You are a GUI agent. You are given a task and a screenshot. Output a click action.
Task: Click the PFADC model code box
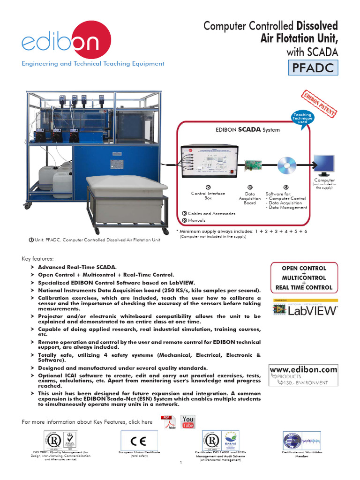click(x=313, y=68)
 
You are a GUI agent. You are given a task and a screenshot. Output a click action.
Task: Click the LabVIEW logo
click(x=305, y=309)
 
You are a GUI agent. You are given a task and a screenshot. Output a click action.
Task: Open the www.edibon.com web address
click(x=303, y=369)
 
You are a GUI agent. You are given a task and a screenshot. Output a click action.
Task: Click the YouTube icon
click(x=188, y=421)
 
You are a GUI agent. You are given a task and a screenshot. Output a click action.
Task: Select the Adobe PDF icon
click(x=166, y=422)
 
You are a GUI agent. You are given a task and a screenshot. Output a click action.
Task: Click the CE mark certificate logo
click(x=139, y=441)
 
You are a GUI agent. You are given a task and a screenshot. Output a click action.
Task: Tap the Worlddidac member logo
click(x=301, y=441)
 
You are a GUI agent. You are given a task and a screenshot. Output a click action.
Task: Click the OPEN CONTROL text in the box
click(x=303, y=269)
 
